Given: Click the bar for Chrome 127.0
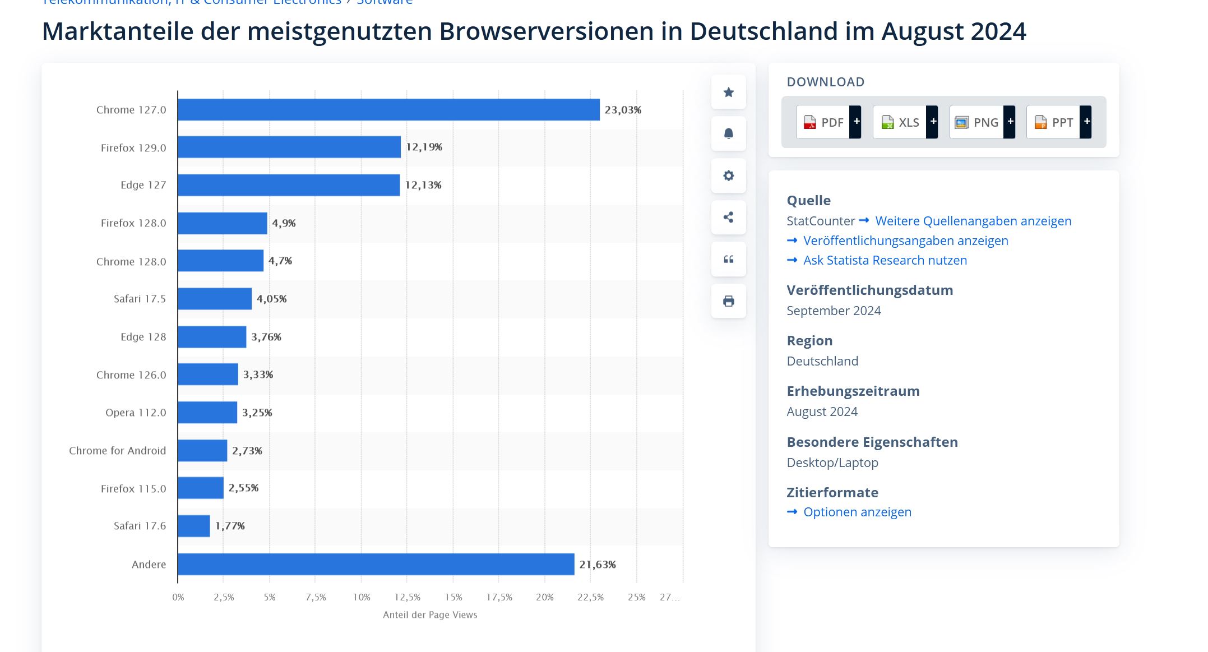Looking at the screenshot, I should pyautogui.click(x=388, y=110).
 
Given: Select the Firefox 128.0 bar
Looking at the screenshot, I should pyautogui.click(x=223, y=223).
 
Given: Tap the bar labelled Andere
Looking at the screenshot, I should pyautogui.click(x=376, y=564).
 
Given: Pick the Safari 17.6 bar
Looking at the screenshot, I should pyautogui.click(x=194, y=526).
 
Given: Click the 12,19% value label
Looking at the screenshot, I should pyautogui.click(x=424, y=147).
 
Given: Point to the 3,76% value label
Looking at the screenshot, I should pyautogui.click(x=266, y=337).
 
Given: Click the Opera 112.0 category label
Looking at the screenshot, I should pyautogui.click(x=136, y=413).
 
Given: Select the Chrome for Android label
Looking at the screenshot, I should pyautogui.click(x=117, y=451).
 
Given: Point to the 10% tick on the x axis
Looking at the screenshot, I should pyautogui.click(x=362, y=597).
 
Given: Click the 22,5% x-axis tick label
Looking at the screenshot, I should pyautogui.click(x=590, y=597).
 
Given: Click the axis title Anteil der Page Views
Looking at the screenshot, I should pyautogui.click(x=430, y=615).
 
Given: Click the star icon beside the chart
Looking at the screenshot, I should pyautogui.click(x=728, y=93).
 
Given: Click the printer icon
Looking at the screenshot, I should pyautogui.click(x=728, y=301).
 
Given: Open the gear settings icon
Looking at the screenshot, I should pyautogui.click(x=728, y=175).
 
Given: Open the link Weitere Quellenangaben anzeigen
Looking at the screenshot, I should pyautogui.click(x=973, y=221).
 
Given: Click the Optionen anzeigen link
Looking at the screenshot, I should pyautogui.click(x=857, y=512).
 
